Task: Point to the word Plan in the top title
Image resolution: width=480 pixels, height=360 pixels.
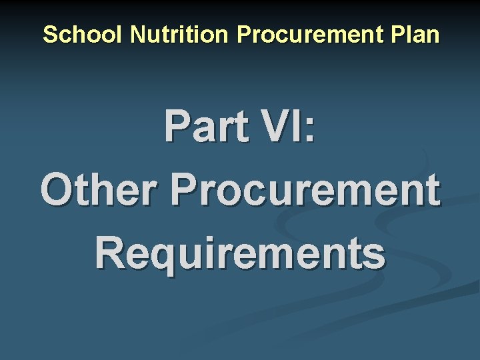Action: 416,35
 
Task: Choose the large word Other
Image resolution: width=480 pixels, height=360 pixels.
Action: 100,191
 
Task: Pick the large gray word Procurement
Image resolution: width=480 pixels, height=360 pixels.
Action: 305,191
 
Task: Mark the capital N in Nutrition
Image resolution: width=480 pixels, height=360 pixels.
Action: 138,35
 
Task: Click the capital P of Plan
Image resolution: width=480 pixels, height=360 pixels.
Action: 398,35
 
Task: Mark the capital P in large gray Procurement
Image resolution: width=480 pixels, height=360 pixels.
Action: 185,191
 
